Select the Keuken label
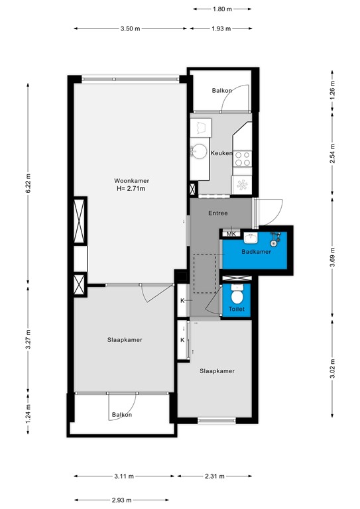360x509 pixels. (221, 153)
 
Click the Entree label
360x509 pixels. (217, 213)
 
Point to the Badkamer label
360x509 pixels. (255, 252)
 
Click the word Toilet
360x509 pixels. (236, 310)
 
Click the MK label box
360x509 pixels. (231, 234)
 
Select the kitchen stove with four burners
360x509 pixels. (243, 158)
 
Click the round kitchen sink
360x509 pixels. (198, 151)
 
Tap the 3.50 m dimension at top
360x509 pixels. (131, 28)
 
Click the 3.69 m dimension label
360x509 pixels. (333, 254)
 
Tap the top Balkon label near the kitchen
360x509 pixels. (221, 91)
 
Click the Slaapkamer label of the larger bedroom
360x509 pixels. (125, 339)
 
